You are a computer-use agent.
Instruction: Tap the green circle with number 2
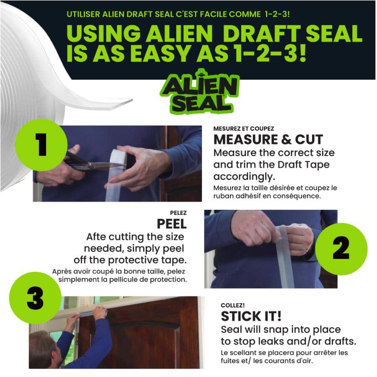[341, 249]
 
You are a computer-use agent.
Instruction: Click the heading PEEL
[172, 223]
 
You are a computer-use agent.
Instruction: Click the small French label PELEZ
[178, 212]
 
